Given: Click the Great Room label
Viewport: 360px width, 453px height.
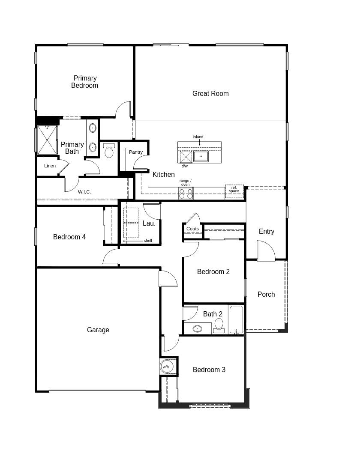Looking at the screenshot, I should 210,93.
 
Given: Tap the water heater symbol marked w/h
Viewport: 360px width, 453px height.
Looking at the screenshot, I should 165,367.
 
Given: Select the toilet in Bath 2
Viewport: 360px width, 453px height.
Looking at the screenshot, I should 219,325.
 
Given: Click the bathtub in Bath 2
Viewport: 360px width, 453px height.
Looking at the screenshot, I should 236,319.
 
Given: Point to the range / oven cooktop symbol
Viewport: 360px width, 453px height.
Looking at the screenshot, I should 186,194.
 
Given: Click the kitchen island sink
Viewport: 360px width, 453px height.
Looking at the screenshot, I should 201,156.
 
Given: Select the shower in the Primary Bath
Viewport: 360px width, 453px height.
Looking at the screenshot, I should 47,140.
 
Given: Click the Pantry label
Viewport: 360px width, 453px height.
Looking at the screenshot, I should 136,152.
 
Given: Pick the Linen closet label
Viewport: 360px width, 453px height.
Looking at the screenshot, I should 50,166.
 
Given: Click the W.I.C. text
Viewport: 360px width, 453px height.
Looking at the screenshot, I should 84,192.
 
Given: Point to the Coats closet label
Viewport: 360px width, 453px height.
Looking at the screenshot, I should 192,229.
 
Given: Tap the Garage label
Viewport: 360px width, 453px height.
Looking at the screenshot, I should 98,330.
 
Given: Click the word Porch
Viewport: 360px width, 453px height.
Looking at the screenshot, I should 266,294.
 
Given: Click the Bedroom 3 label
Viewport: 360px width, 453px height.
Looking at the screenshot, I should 209,370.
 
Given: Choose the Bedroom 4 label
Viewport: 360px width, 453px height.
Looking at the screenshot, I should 69,237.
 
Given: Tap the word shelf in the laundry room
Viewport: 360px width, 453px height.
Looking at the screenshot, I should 148,241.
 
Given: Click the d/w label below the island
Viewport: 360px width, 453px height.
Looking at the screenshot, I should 184,166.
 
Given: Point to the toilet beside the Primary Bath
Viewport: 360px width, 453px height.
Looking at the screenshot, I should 109,151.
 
